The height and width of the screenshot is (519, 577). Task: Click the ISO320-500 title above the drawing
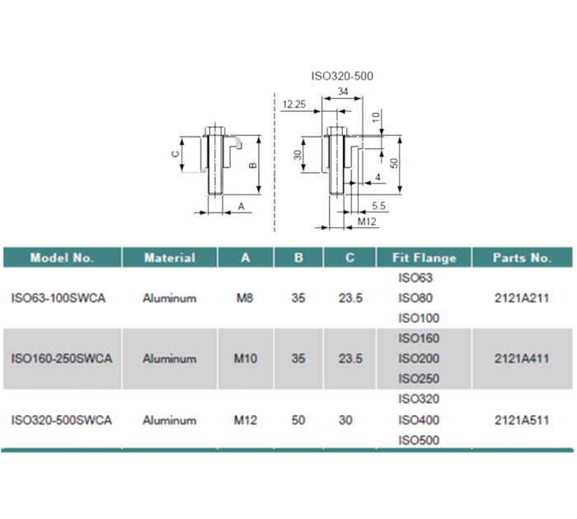[342, 76]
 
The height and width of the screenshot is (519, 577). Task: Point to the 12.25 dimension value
[294, 105]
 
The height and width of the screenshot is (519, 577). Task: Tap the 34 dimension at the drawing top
[341, 91]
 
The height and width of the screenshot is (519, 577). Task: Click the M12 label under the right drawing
[367, 222]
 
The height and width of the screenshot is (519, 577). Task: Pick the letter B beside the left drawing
[252, 166]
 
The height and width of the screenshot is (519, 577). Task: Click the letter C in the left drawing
[174, 154]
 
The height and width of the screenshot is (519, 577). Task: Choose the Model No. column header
[62, 258]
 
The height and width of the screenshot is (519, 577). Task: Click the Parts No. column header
[522, 258]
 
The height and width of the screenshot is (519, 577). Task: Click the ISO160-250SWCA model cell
[62, 359]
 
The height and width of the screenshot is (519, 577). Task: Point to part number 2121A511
[522, 420]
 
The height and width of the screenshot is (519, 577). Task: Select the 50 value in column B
[298, 420]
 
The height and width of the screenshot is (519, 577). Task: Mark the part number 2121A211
[522, 298]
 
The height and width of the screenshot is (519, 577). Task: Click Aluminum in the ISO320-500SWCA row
[169, 420]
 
